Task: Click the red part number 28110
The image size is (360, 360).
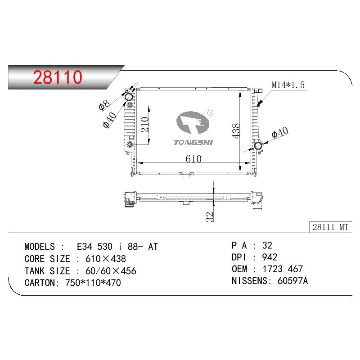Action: click(x=58, y=77)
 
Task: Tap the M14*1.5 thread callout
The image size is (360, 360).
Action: click(x=288, y=85)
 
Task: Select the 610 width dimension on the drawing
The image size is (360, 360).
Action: click(x=193, y=159)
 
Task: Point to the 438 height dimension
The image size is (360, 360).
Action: click(x=236, y=131)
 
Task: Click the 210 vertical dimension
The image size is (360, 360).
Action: click(x=145, y=125)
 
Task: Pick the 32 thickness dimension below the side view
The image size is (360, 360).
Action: click(x=210, y=217)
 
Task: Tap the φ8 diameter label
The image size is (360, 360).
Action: click(x=104, y=105)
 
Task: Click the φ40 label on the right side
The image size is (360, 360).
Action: click(x=279, y=132)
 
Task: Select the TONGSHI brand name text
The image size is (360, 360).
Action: click(x=193, y=143)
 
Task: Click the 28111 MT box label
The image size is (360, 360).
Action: click(x=330, y=227)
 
